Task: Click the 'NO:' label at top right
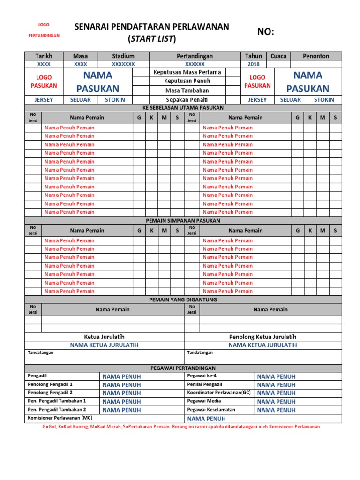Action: [x=266, y=32]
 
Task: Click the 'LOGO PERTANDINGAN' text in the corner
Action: [x=44, y=30]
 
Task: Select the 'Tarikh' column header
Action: [x=44, y=56]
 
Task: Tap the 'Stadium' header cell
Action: [x=123, y=56]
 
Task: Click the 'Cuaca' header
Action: [x=278, y=56]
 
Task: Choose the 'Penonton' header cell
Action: [x=316, y=56]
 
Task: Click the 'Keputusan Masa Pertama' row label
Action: [x=187, y=72]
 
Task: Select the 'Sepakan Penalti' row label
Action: [x=187, y=100]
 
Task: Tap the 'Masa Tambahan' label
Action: [x=187, y=90]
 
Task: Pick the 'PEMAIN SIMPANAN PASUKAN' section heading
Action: [x=183, y=220]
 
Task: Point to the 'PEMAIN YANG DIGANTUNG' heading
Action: [x=183, y=299]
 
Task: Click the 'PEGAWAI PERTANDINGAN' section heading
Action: [x=183, y=368]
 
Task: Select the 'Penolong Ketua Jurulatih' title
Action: [x=262, y=337]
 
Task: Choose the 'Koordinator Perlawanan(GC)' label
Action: [x=219, y=392]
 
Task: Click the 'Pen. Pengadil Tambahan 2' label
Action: [x=57, y=409]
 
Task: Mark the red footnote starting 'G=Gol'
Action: [x=181, y=427]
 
